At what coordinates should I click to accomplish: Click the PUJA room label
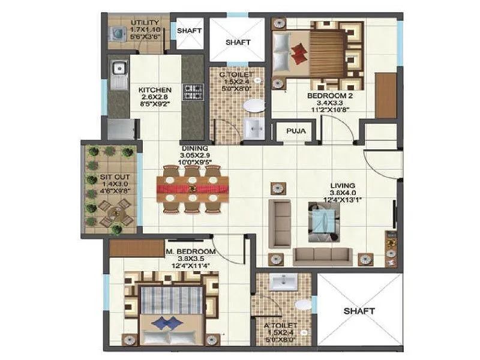[x=293, y=131]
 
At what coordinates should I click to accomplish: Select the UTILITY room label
[x=145, y=23]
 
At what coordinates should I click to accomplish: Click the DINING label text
[x=196, y=148]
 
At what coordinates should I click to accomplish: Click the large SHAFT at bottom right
[x=359, y=311]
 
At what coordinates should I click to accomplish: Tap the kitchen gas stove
[x=192, y=91]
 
